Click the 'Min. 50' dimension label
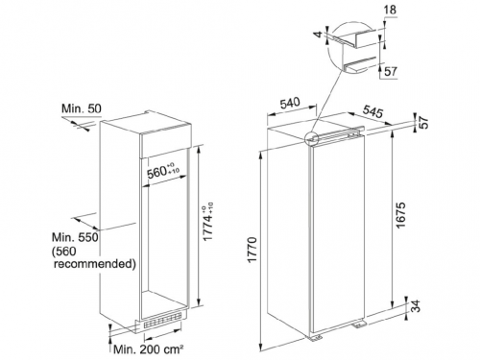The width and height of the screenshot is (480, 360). [x=82, y=108]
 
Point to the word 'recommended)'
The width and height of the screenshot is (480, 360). [x=95, y=264]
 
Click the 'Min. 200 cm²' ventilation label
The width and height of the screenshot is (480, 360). [x=149, y=348]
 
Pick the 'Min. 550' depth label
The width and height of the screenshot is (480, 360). [x=76, y=237]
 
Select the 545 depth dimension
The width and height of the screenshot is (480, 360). [x=372, y=111]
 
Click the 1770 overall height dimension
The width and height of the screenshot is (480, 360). [x=252, y=250]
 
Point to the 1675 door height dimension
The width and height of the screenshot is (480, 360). [x=400, y=215]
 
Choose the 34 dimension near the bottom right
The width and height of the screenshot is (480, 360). [x=415, y=306]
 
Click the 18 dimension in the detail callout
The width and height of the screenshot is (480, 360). [x=389, y=10]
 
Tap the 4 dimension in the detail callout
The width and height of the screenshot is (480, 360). [x=318, y=34]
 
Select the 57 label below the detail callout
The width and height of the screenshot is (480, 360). [x=390, y=71]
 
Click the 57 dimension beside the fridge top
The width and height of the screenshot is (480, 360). [x=423, y=122]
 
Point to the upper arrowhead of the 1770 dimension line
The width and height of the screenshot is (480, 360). [x=261, y=154]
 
